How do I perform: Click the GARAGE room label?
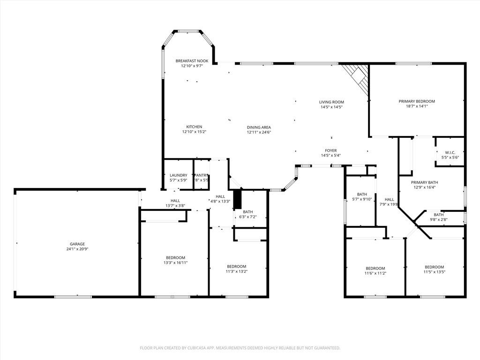tap(77, 244)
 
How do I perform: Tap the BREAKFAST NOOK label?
tap(192, 61)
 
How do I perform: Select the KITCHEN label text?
tap(194, 127)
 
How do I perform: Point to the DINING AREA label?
tap(259, 127)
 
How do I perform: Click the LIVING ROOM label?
tap(331, 102)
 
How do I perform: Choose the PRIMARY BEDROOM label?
tap(417, 101)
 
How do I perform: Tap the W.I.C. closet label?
tap(450, 152)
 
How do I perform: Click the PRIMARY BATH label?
tap(424, 182)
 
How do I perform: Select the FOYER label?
tap(331, 150)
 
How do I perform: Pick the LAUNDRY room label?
tap(178, 175)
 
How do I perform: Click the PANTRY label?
tap(201, 175)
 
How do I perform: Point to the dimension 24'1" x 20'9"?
tap(77, 249)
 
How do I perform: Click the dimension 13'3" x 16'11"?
tap(175, 263)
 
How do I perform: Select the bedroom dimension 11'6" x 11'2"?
tap(375, 273)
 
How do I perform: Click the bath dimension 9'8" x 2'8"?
tap(438, 219)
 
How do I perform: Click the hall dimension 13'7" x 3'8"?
tap(175, 206)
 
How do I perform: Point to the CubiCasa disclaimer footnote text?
tap(240, 348)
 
